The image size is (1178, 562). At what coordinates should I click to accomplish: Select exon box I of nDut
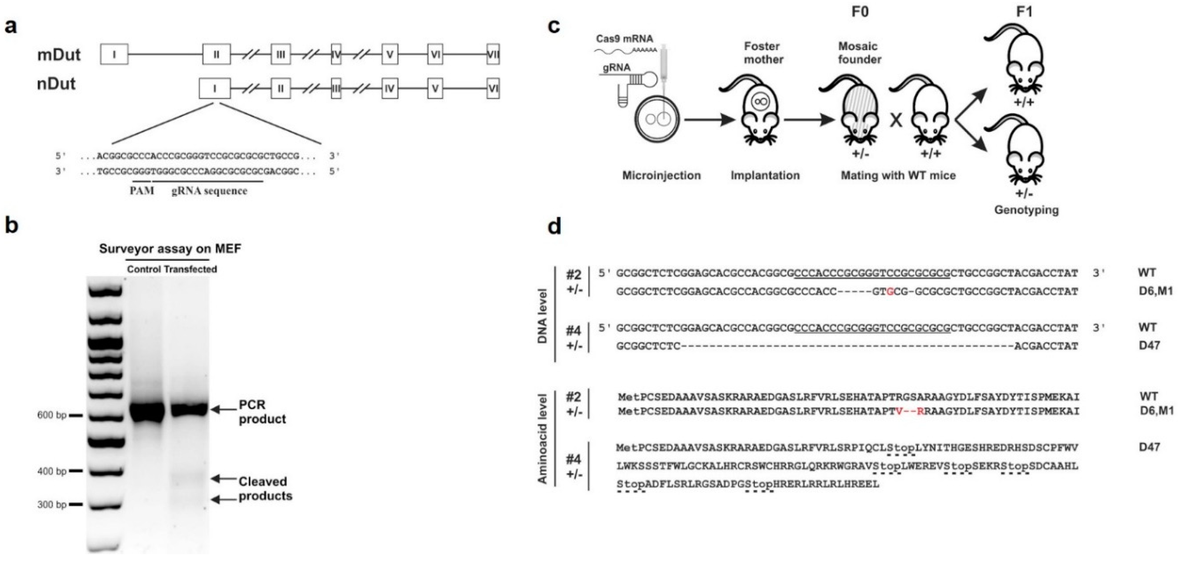[214, 88]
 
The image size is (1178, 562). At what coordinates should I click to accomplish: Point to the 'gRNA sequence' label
[210, 191]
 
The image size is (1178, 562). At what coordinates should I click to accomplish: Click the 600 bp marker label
[52, 415]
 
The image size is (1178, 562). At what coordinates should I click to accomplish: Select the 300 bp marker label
[52, 504]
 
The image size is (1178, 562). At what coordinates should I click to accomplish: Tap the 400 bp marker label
[52, 471]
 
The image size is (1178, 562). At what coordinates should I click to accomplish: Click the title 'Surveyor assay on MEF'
[170, 249]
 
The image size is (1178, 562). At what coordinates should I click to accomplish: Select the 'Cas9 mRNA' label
[624, 39]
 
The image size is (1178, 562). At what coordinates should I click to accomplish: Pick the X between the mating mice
[896, 120]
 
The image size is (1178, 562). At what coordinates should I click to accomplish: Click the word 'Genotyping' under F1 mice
[1026, 210]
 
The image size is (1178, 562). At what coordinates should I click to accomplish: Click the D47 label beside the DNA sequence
[1149, 345]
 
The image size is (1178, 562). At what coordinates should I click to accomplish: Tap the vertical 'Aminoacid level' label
[543, 438]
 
